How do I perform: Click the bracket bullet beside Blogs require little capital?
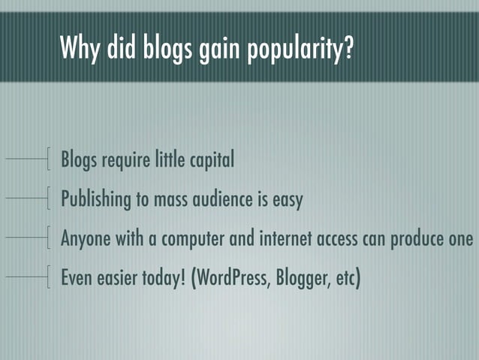49,160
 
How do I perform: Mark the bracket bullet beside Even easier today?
49,276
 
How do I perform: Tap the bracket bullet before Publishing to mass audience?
49,198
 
